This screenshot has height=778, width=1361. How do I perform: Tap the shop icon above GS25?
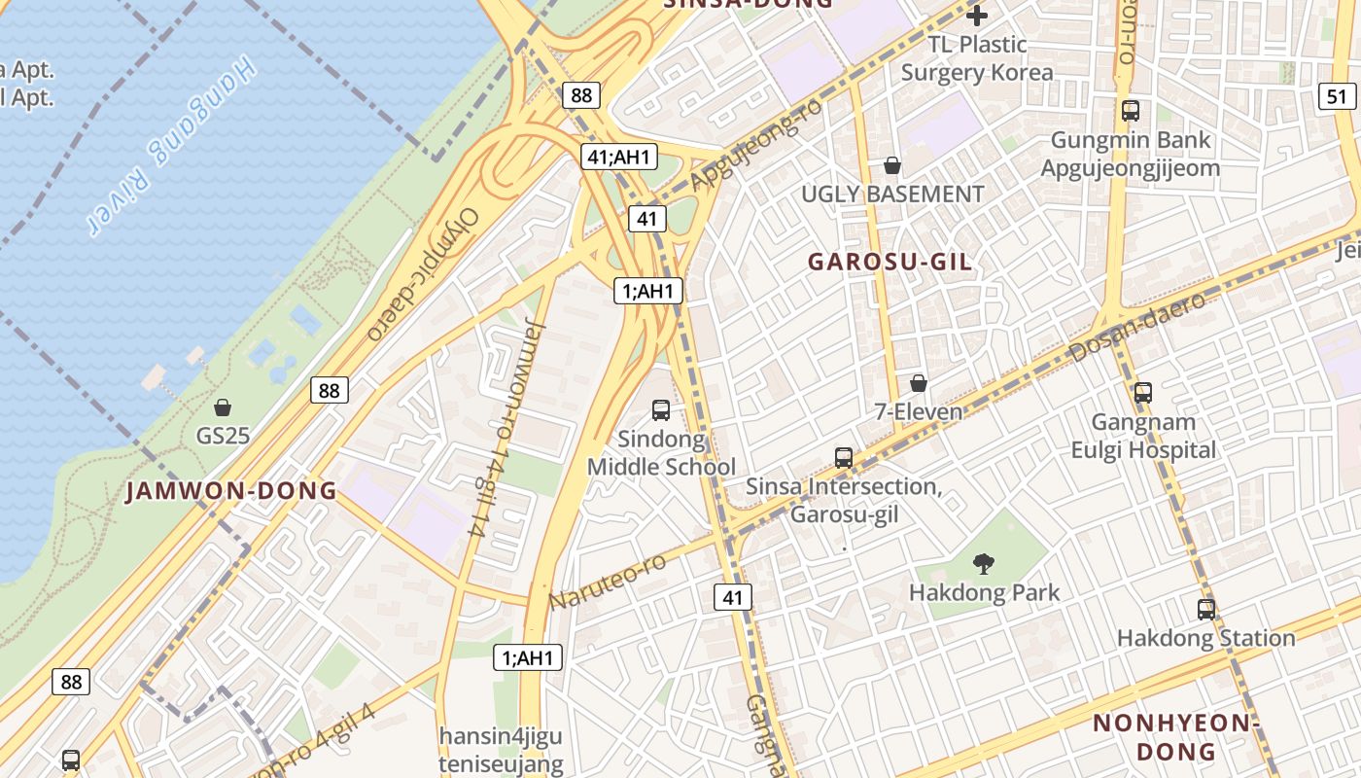point(223,407)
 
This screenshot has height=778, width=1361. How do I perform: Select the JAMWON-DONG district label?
point(231,491)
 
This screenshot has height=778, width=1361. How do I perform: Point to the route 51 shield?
point(1338,95)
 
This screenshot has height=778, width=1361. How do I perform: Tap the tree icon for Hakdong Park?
point(983,562)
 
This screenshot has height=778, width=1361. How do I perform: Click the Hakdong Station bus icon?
point(1205,610)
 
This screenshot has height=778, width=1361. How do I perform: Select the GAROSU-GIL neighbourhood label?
point(890,263)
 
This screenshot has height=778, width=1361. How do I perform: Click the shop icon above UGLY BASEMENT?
point(891,166)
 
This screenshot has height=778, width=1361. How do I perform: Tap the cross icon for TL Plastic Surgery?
point(977,16)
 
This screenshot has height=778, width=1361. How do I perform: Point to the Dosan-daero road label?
point(1137,327)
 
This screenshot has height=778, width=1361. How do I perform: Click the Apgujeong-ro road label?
point(755,146)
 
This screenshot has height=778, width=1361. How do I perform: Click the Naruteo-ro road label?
point(608,582)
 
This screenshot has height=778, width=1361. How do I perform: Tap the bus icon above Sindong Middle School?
point(661,410)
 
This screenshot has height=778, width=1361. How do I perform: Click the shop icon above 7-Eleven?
point(918,384)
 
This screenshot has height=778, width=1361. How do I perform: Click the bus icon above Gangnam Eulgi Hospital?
point(1143,393)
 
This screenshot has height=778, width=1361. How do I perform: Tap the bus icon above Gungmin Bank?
point(1130,111)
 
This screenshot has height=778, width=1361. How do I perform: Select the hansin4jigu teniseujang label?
point(501,749)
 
